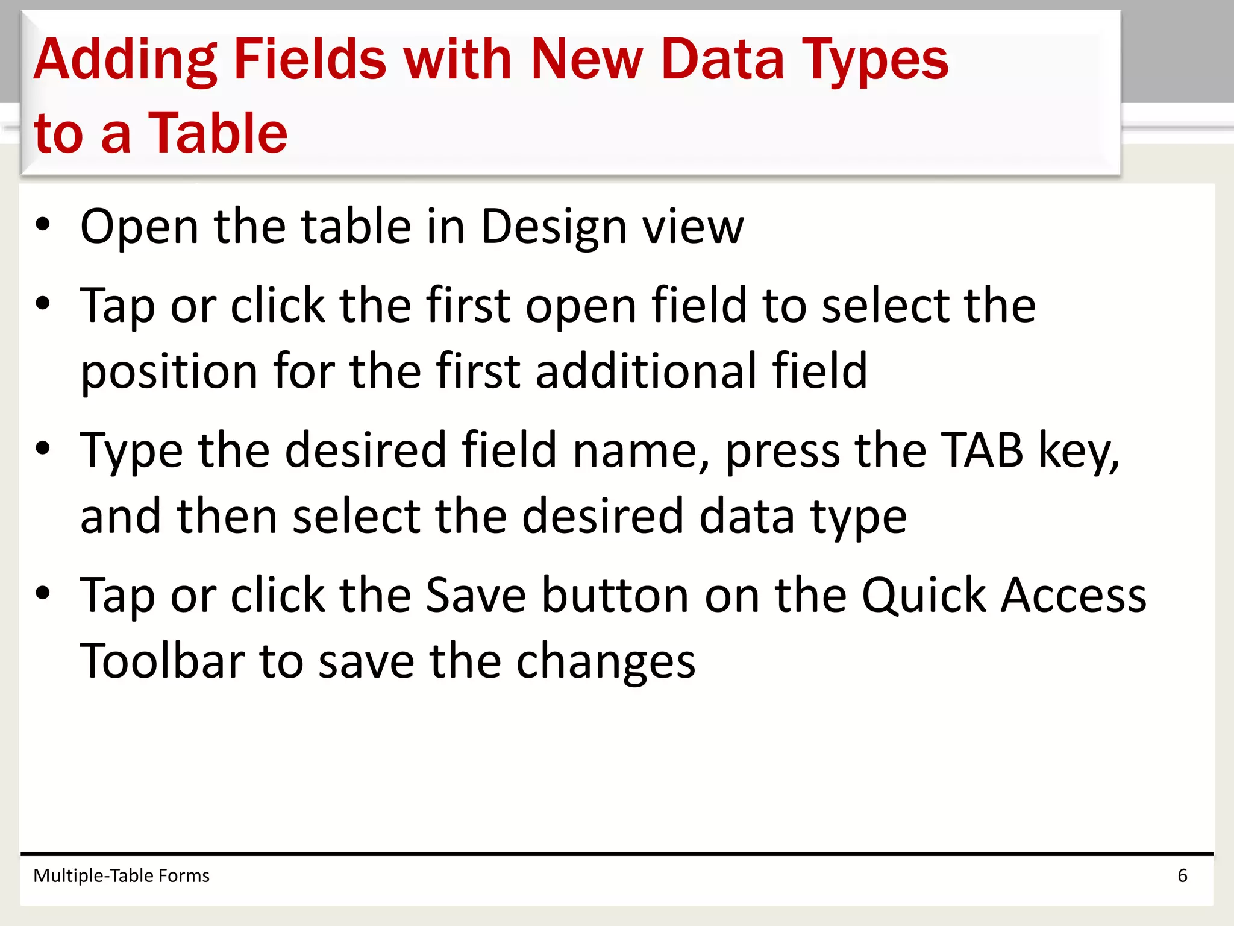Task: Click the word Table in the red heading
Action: click(218, 133)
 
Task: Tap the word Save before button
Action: click(476, 595)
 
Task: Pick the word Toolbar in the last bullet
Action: click(161, 661)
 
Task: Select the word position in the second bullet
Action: click(169, 371)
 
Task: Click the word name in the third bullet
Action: click(640, 451)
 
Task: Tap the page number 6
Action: click(1182, 875)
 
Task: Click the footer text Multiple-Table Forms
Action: click(121, 875)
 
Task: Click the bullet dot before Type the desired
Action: click(43, 449)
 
